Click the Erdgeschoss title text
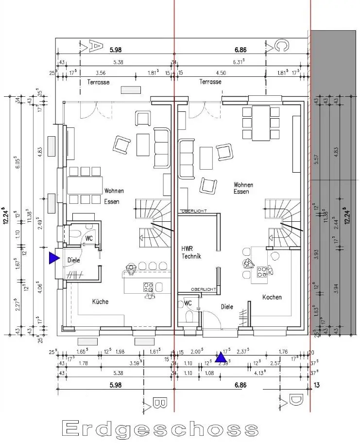161,428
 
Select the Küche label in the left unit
100,302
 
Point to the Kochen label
272,297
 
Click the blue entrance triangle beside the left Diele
52,258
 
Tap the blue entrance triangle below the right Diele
221,357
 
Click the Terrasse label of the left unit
98,82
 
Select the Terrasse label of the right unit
210,82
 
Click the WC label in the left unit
89,239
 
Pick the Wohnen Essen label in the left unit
114,195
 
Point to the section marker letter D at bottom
294,401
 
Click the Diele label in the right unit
227,307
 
